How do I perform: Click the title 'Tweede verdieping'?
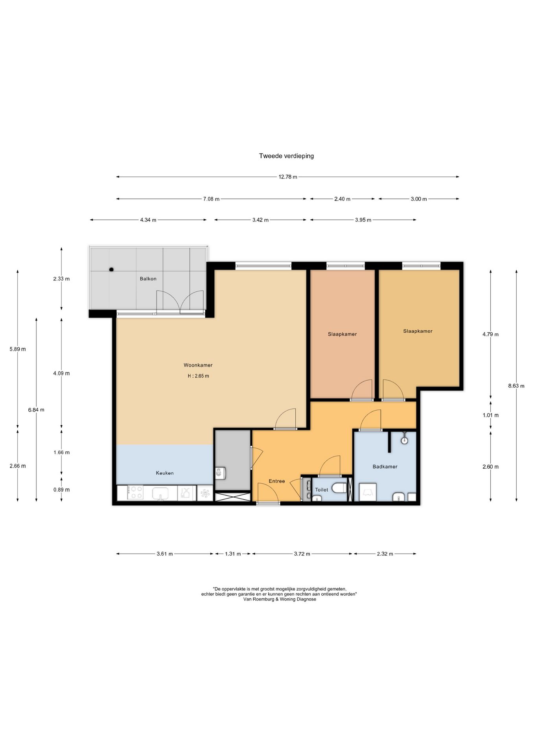point(286,156)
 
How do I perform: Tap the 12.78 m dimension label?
point(288,177)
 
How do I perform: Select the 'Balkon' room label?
point(148,279)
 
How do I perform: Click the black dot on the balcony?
point(111,269)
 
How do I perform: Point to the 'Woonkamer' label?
point(198,365)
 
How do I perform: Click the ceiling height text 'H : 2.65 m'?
point(198,376)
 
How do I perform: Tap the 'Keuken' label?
point(165,473)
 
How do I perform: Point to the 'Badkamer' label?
point(385,467)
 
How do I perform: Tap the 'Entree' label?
point(277,481)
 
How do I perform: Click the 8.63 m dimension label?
point(516,386)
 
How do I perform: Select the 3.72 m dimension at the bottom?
point(302,554)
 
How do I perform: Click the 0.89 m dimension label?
point(61,490)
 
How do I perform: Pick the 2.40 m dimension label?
point(342,199)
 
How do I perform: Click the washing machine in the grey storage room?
point(220,473)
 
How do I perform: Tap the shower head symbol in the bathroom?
point(404,440)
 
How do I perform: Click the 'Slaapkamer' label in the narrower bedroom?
point(342,334)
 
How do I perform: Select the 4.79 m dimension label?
point(490,335)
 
